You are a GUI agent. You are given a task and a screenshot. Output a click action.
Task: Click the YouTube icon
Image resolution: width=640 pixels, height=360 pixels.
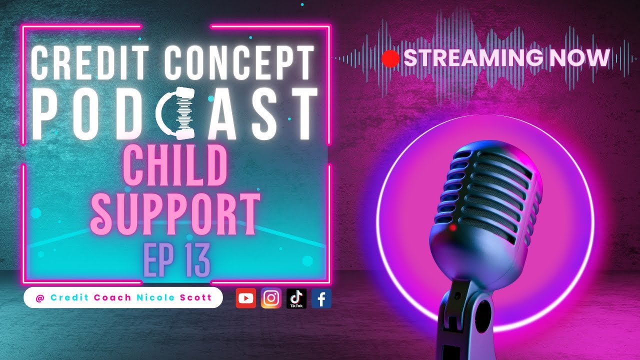[x=245, y=298]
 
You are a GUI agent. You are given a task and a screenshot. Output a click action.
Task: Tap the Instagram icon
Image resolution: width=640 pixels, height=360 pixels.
[x=271, y=298]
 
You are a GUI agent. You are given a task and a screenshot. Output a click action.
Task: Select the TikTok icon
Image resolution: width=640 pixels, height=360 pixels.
[x=296, y=298]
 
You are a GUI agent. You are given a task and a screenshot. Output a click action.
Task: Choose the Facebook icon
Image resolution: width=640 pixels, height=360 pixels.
[x=321, y=298]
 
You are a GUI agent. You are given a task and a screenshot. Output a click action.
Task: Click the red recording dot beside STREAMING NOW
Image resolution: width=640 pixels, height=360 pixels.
[x=390, y=58]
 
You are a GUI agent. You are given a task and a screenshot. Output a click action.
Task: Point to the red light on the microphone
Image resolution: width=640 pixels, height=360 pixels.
[x=452, y=228]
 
